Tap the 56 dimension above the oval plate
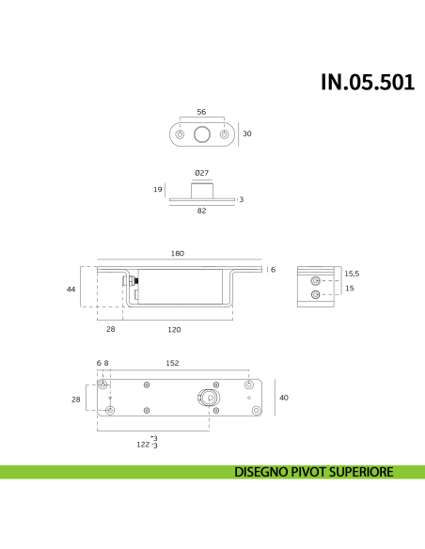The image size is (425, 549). click(201, 112)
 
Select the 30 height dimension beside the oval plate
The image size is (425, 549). click(247, 134)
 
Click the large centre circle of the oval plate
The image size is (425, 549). click(201, 134)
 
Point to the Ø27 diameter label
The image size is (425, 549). click(201, 173)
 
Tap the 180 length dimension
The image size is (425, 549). click(178, 254)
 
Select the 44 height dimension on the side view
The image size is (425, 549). click(71, 290)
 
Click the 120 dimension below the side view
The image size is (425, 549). click(175, 330)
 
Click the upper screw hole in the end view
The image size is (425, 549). click(316, 280)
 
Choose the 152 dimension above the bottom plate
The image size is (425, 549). click(173, 363)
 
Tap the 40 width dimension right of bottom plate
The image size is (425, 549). click(284, 398)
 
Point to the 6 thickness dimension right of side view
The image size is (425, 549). click(274, 270)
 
